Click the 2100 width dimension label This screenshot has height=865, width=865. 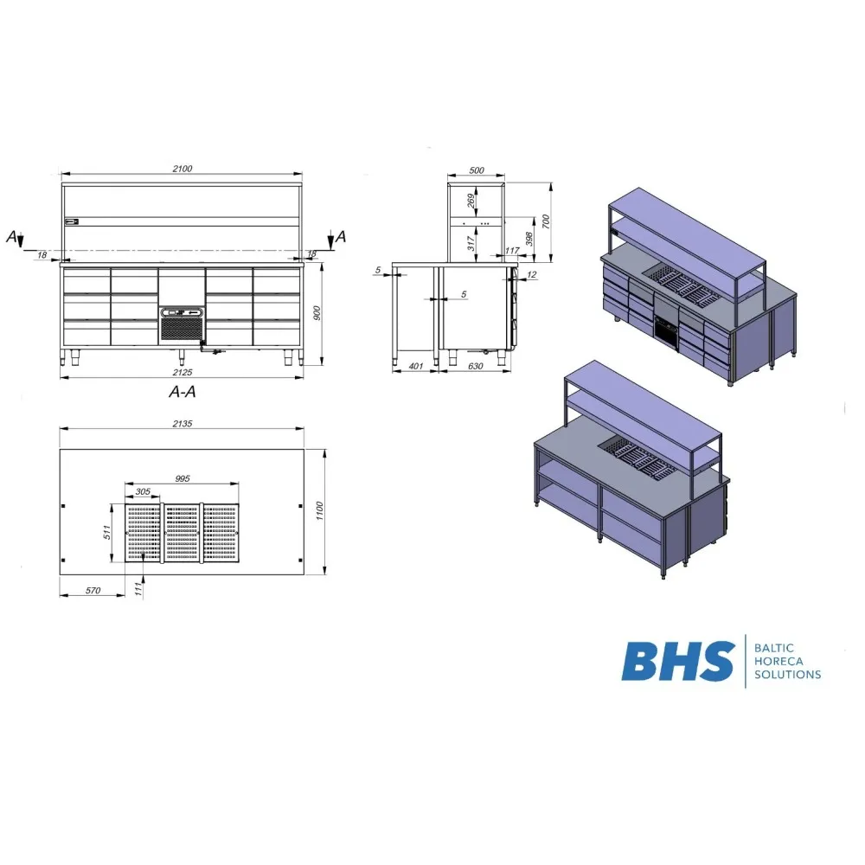[x=182, y=169]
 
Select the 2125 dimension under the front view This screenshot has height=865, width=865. [x=182, y=372]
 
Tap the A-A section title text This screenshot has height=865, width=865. [x=182, y=392]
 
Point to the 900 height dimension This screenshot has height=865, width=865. [x=317, y=313]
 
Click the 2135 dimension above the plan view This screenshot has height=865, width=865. [x=182, y=424]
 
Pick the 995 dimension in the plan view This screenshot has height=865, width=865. [x=182, y=479]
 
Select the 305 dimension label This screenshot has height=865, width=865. [x=143, y=491]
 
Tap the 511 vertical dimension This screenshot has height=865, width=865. [x=107, y=532]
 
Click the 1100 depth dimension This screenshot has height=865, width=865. [x=320, y=511]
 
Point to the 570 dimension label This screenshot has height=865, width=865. [x=93, y=591]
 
